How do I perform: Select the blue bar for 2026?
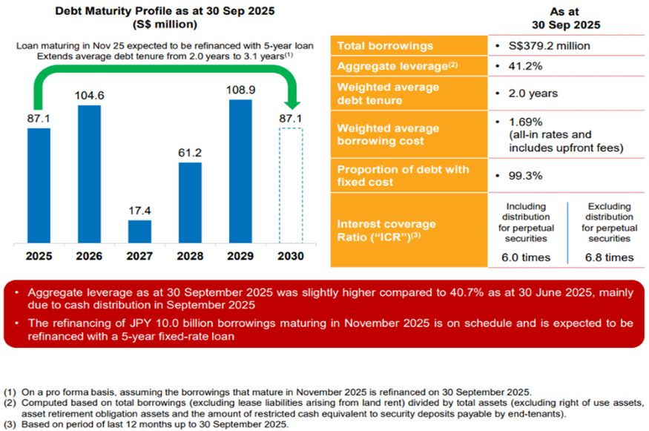(x=89, y=174)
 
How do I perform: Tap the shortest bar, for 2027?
(x=139, y=231)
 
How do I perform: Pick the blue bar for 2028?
(x=190, y=203)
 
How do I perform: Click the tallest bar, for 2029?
(x=240, y=171)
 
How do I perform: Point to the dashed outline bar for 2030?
(x=291, y=185)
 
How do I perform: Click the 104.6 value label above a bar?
(x=89, y=95)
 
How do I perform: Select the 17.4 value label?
(x=139, y=211)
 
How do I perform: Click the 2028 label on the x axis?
(x=190, y=256)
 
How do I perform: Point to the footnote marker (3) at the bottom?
(x=10, y=424)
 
